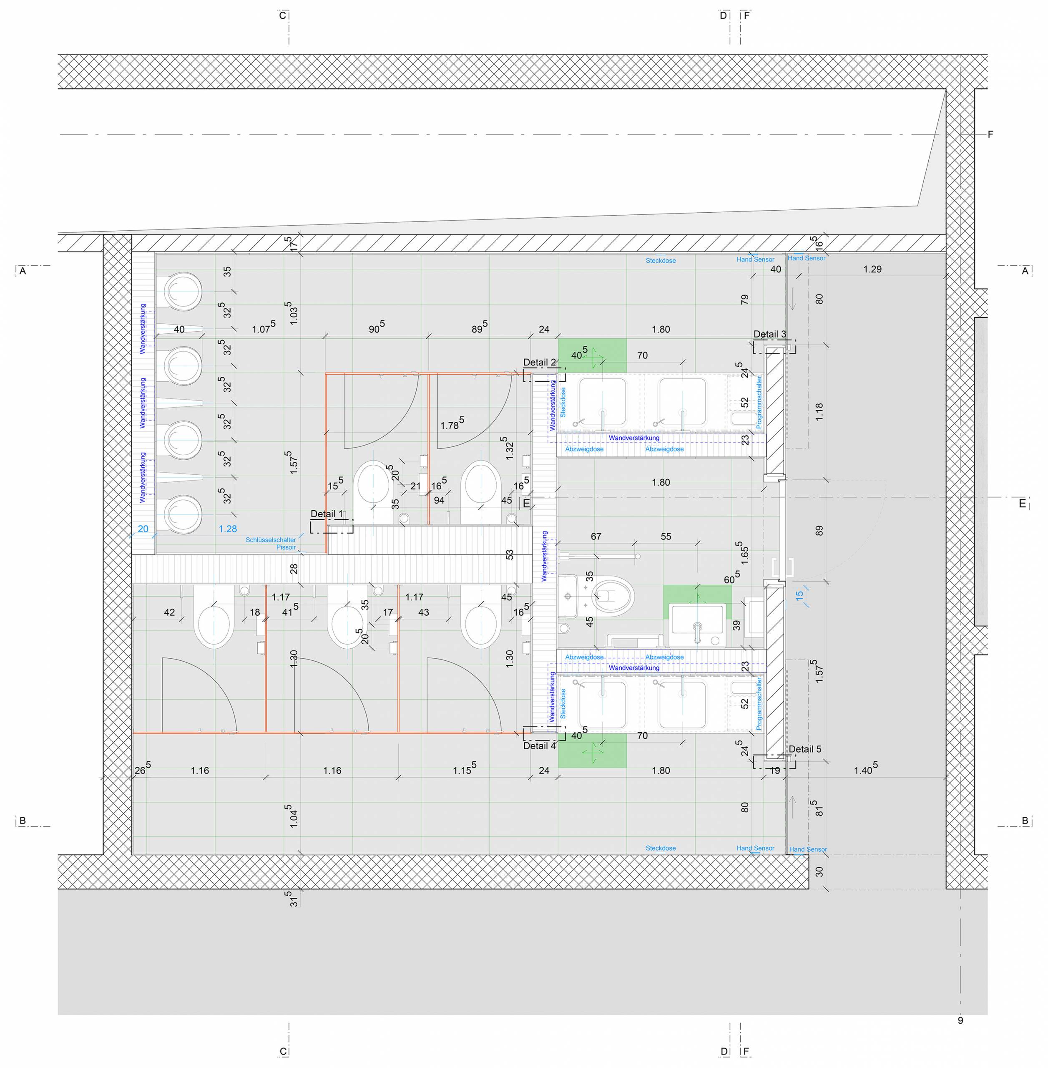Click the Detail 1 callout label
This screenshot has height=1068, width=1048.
coord(327,514)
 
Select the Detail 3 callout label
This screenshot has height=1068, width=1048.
coord(769,334)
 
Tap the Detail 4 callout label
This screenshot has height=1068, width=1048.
coord(539,746)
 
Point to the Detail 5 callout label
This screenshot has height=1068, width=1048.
coord(805,749)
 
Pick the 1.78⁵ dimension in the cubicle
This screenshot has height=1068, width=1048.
coord(452,423)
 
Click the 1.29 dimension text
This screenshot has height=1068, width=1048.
coord(872,269)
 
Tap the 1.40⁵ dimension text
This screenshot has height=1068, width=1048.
coord(866,769)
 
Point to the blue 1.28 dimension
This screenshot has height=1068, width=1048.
coord(228,529)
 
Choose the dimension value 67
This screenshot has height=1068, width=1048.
coord(596,536)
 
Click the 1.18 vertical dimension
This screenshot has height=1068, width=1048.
coord(819,412)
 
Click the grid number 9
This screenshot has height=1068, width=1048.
coord(960,1020)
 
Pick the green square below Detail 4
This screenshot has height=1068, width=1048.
coord(592,751)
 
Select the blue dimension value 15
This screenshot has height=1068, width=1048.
coord(799,595)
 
